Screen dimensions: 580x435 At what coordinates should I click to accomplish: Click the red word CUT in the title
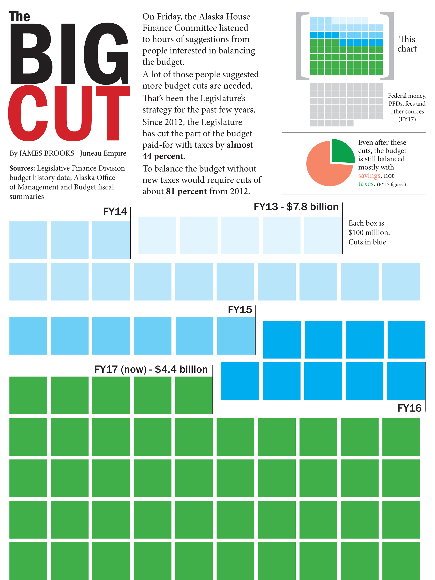pyautogui.click(x=69, y=113)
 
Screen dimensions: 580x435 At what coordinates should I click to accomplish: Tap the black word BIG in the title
pyautogui.click(x=69, y=54)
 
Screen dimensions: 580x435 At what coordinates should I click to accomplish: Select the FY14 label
pyautogui.click(x=115, y=212)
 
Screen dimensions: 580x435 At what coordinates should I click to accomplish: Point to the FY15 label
pyautogui.click(x=240, y=310)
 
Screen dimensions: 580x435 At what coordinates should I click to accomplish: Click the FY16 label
pyautogui.click(x=409, y=408)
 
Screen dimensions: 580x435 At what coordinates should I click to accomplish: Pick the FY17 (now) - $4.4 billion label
pyautogui.click(x=151, y=370)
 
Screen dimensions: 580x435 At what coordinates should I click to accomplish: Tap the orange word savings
pyautogui.click(x=369, y=175)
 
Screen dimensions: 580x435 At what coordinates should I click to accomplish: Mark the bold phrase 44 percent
pyautogui.click(x=162, y=156)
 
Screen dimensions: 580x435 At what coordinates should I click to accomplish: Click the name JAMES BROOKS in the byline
pyautogui.click(x=47, y=153)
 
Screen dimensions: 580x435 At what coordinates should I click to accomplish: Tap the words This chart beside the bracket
pyautogui.click(x=407, y=44)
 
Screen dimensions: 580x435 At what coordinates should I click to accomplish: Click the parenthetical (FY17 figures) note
pyautogui.click(x=391, y=184)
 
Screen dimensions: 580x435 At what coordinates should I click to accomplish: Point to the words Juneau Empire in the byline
pyautogui.click(x=103, y=153)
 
